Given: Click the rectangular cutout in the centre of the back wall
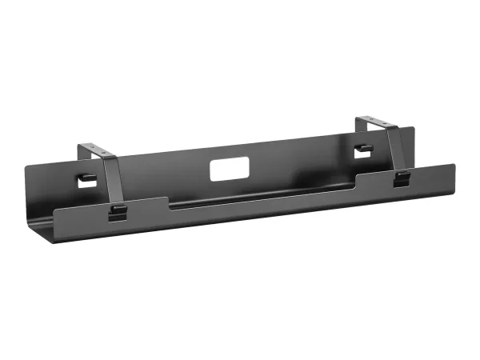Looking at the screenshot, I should point(226,170).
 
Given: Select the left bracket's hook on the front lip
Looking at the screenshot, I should point(117,213).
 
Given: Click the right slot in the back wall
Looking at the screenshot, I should point(364,148).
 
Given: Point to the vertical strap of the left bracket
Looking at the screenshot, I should point(112,180).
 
